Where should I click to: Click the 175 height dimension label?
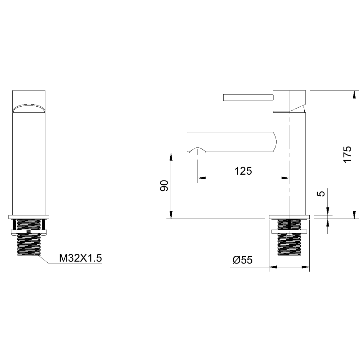tap(348, 154)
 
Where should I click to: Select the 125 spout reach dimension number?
tap(243, 171)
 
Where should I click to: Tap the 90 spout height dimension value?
tap(164, 186)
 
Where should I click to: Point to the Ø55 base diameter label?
tap(242, 260)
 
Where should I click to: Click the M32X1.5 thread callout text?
tap(80, 258)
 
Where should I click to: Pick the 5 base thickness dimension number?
tap(321, 193)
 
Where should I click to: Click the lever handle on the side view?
tap(248, 98)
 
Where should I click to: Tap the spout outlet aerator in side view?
tap(198, 150)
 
